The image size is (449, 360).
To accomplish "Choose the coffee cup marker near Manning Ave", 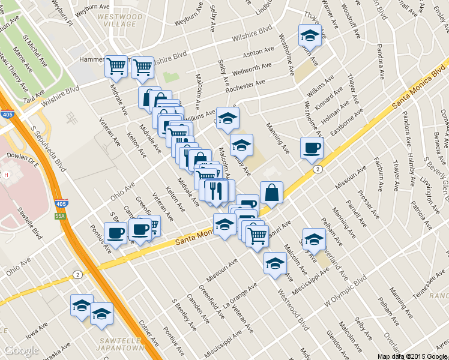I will (312, 148).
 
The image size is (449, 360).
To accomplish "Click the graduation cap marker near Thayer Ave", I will (310, 35).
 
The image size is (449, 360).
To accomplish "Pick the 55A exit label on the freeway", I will (58, 215).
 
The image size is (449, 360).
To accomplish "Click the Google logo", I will (20, 350).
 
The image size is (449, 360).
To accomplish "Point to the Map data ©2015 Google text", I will (412, 356).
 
